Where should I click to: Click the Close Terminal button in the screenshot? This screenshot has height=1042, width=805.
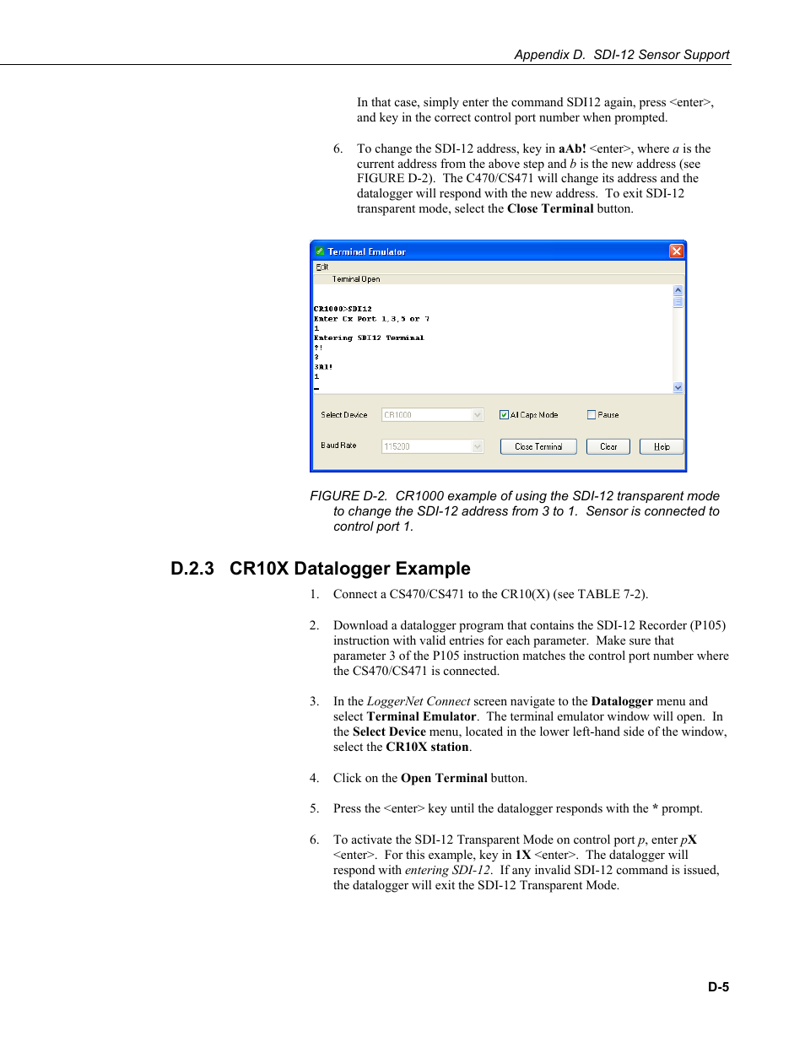coord(538,446)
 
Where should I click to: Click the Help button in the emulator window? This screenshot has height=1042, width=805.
coord(661,446)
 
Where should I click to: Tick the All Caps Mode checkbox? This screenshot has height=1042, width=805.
coord(504,415)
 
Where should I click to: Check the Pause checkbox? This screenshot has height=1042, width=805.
coord(592,415)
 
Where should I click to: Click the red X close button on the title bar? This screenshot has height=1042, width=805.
coord(676,251)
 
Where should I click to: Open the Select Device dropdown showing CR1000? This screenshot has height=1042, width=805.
coord(478,415)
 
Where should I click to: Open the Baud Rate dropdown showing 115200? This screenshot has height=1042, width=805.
coord(478,446)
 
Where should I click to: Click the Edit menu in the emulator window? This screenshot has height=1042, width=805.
coord(321,267)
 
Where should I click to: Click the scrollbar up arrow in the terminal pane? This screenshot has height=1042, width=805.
coord(678,290)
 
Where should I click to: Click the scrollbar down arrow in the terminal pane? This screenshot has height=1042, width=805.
coord(678,387)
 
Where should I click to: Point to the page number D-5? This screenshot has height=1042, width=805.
coord(718,986)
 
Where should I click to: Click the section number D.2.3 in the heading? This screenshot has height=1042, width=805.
coord(192,569)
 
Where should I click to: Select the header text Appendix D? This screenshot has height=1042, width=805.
coord(549,55)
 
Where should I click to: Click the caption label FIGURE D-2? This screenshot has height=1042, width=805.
coord(348,496)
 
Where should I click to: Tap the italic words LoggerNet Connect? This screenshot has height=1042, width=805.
coord(418,701)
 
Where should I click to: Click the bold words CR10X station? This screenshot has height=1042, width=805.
coord(427,747)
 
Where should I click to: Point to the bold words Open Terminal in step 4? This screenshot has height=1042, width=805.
coord(444,778)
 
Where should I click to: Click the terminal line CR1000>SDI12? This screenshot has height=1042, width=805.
coord(343,309)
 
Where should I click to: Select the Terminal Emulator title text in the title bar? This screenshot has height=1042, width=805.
coord(366,251)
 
